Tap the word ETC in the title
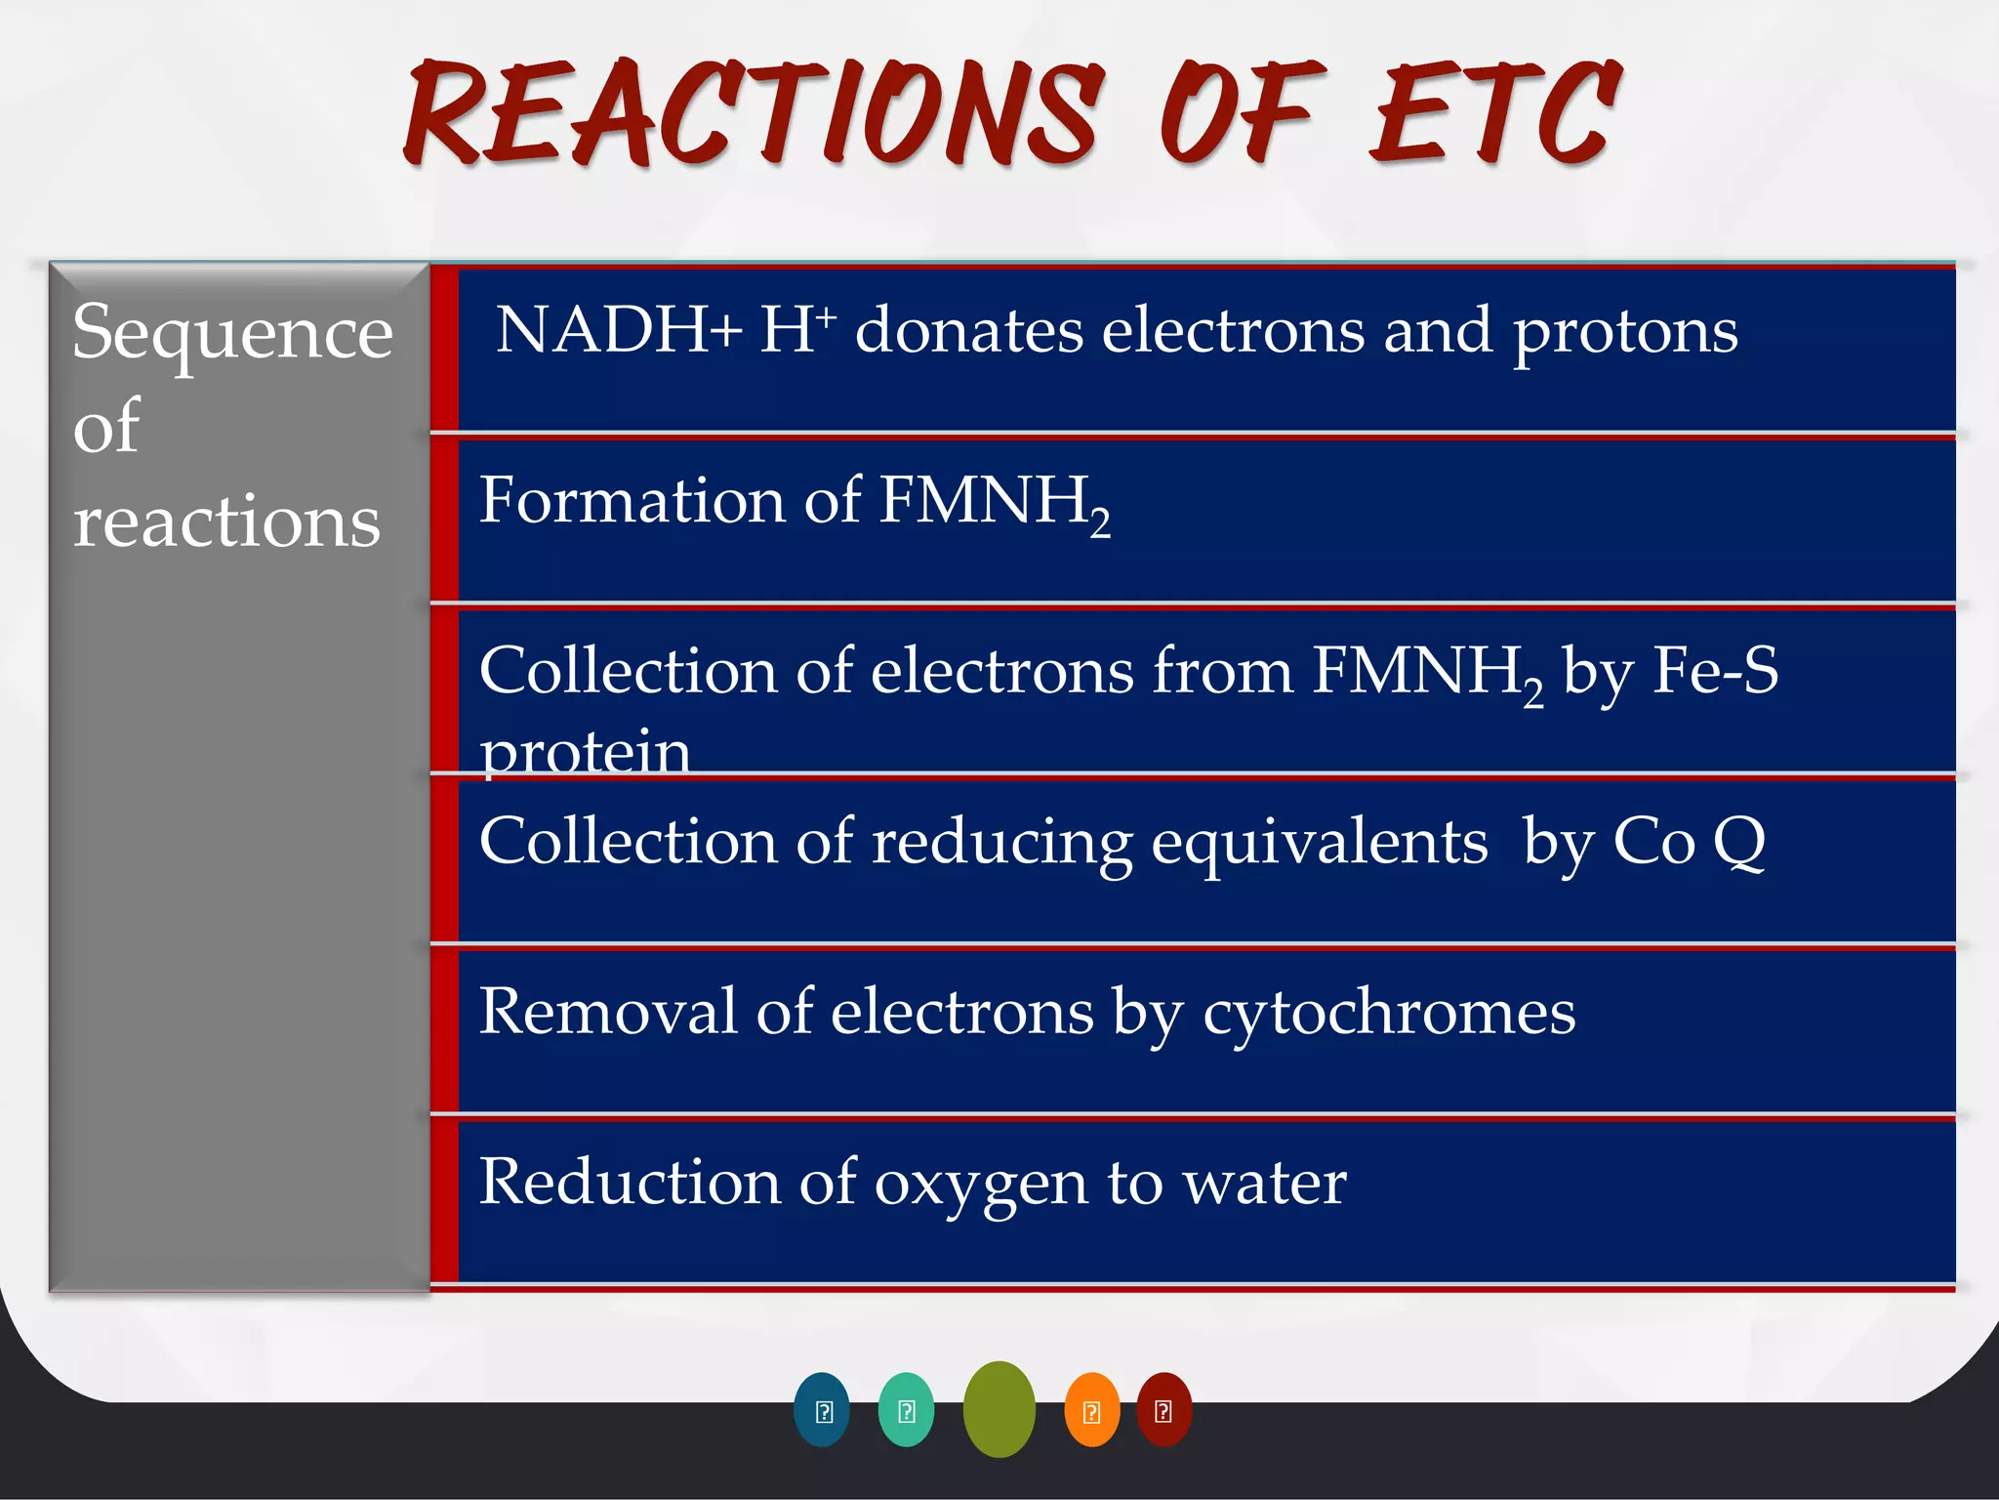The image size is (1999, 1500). (1493, 113)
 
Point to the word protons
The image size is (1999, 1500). (1625, 332)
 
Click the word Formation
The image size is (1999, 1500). (632, 500)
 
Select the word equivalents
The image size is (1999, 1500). (1320, 842)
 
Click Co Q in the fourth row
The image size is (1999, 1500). (1689, 842)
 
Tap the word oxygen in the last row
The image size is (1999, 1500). (980, 1185)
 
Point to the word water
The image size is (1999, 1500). (1265, 1183)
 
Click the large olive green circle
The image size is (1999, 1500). (999, 1409)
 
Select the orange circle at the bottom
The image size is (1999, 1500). (1091, 1410)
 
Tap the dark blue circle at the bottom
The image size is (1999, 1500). (822, 1410)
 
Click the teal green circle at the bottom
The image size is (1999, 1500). (906, 1410)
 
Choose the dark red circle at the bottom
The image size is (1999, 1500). (1163, 1410)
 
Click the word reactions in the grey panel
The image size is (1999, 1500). (226, 521)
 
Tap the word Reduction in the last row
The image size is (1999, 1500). (630, 1183)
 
